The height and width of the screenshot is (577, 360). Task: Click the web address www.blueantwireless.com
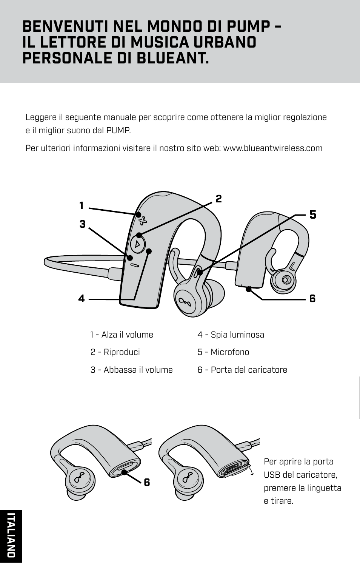[x=273, y=148]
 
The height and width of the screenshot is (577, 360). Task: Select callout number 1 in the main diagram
[x=82, y=206]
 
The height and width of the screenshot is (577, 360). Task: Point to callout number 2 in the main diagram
[x=218, y=199]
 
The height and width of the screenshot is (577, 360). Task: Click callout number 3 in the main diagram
[x=82, y=224]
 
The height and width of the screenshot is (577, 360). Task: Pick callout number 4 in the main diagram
[x=82, y=299]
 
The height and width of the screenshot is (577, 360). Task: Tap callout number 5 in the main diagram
[x=313, y=215]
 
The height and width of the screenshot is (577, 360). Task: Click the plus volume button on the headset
[x=142, y=220]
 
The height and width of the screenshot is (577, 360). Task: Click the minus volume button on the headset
[x=135, y=265]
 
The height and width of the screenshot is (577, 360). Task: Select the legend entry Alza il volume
[x=122, y=335]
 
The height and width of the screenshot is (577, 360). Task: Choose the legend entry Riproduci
[x=115, y=352]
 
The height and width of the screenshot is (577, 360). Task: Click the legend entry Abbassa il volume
[x=131, y=370]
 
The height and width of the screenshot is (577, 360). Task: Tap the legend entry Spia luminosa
[x=231, y=335]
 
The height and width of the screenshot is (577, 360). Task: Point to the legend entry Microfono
[x=223, y=352]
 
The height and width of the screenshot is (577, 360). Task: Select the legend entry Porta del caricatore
[x=242, y=370]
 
